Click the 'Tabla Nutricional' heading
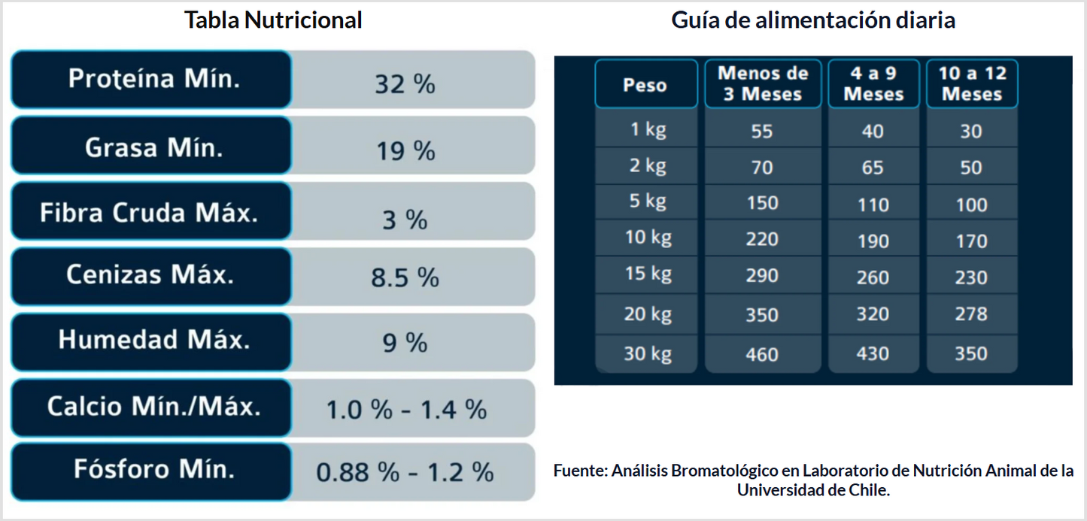coord(273,20)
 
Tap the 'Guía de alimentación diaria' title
coord(813,20)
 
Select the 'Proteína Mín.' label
coord(154,79)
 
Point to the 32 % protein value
coord(405,84)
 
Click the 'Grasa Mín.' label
coord(154,147)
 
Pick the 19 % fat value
coord(405,151)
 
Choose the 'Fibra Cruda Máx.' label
coord(149,213)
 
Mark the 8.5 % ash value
coord(405,278)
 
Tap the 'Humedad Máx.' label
coord(154,340)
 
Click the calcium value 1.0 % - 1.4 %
coord(406,410)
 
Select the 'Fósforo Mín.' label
coord(154,470)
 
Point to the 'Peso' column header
coord(645,85)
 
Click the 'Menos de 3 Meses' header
coord(762,83)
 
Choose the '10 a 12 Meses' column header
coord(971,83)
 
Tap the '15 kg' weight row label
coord(648,274)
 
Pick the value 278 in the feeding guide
coord(971,314)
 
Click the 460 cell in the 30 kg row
coord(762,353)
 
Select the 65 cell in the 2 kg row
coord(873,168)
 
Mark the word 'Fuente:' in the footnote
coord(579,471)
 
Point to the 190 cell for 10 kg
coord(873,241)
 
